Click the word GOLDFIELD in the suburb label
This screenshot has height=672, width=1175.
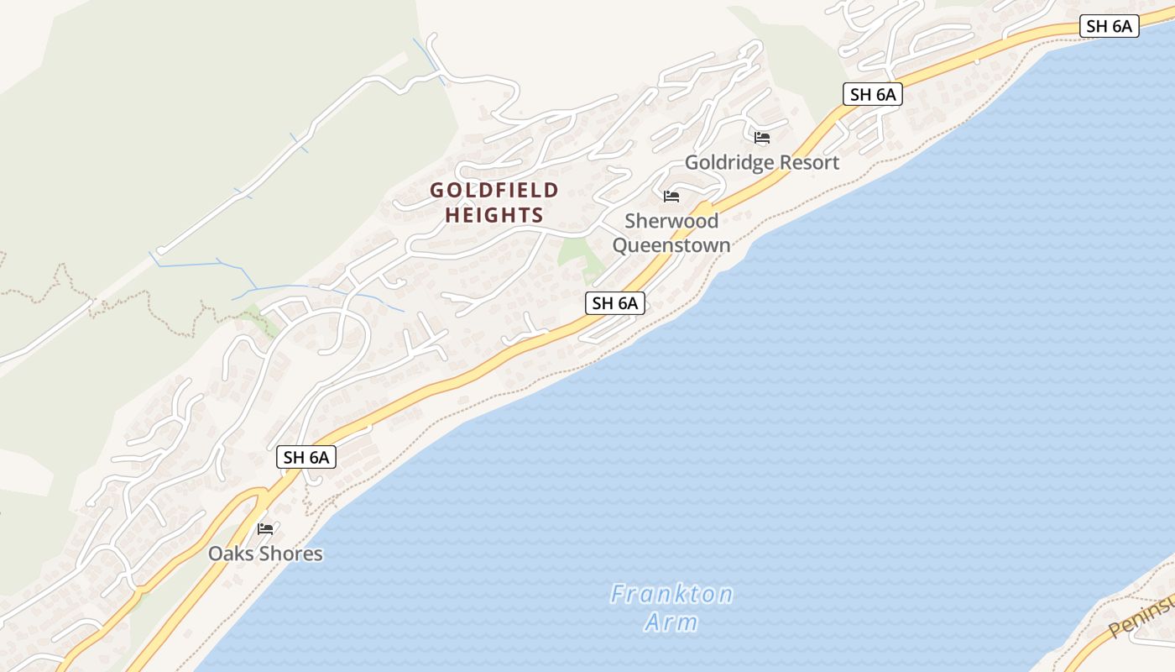tap(494, 191)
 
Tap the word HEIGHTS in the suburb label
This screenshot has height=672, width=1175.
tap(494, 216)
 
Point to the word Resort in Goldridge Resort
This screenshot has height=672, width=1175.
tap(810, 162)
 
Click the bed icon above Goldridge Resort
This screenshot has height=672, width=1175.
tap(762, 137)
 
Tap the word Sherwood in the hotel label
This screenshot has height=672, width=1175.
tap(671, 221)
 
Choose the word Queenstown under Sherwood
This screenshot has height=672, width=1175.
tap(671, 245)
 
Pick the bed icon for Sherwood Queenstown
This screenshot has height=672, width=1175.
tap(671, 197)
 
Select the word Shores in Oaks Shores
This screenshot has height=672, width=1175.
tap(291, 554)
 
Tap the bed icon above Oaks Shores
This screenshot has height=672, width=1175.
tap(266, 528)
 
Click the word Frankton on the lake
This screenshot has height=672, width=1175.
tap(671, 595)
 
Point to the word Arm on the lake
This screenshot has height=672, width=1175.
tap(671, 622)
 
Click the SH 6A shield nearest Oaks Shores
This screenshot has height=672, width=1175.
tap(306, 457)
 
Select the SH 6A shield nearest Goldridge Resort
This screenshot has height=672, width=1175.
tap(873, 94)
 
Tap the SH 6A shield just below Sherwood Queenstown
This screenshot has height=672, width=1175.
tap(615, 303)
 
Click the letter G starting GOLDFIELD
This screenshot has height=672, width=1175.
tap(437, 191)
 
